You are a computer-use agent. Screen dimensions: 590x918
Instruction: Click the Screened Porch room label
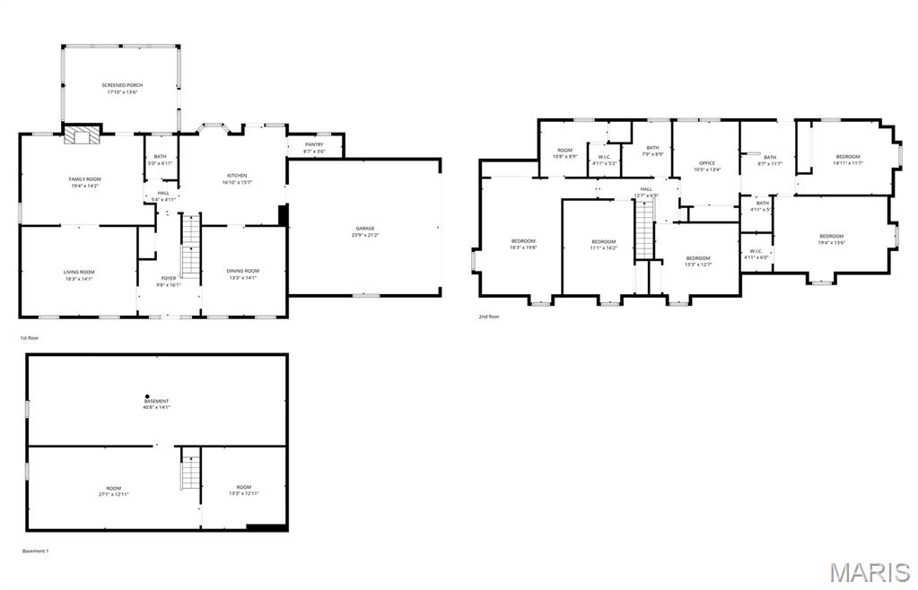click(122, 88)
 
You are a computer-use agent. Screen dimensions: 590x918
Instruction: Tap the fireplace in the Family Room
click(83, 135)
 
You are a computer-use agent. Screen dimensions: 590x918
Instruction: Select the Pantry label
click(314, 147)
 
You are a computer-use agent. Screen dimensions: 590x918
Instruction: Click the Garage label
click(364, 231)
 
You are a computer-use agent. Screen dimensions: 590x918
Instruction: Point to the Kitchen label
click(237, 178)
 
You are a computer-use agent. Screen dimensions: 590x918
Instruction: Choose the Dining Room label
click(242, 274)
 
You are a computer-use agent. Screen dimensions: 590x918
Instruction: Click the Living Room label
click(79, 274)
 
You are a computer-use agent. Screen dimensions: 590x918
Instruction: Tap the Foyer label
click(169, 281)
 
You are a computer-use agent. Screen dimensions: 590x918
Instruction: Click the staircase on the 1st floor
click(190, 246)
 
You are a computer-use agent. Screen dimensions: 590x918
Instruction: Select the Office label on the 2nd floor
click(707, 166)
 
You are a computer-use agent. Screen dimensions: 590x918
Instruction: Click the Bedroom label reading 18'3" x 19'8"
click(523, 244)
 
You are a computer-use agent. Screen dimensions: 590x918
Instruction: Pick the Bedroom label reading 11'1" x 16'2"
click(604, 244)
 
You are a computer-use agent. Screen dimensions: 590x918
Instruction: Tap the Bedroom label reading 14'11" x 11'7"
click(847, 160)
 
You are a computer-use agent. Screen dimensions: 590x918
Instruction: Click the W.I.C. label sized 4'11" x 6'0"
click(756, 254)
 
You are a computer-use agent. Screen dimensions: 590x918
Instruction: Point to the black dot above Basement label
click(147, 396)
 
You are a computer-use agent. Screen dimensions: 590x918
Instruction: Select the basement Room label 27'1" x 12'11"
click(114, 490)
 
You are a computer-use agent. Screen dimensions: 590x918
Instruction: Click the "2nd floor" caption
click(490, 317)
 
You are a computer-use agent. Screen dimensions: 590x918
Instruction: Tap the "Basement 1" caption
click(35, 551)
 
